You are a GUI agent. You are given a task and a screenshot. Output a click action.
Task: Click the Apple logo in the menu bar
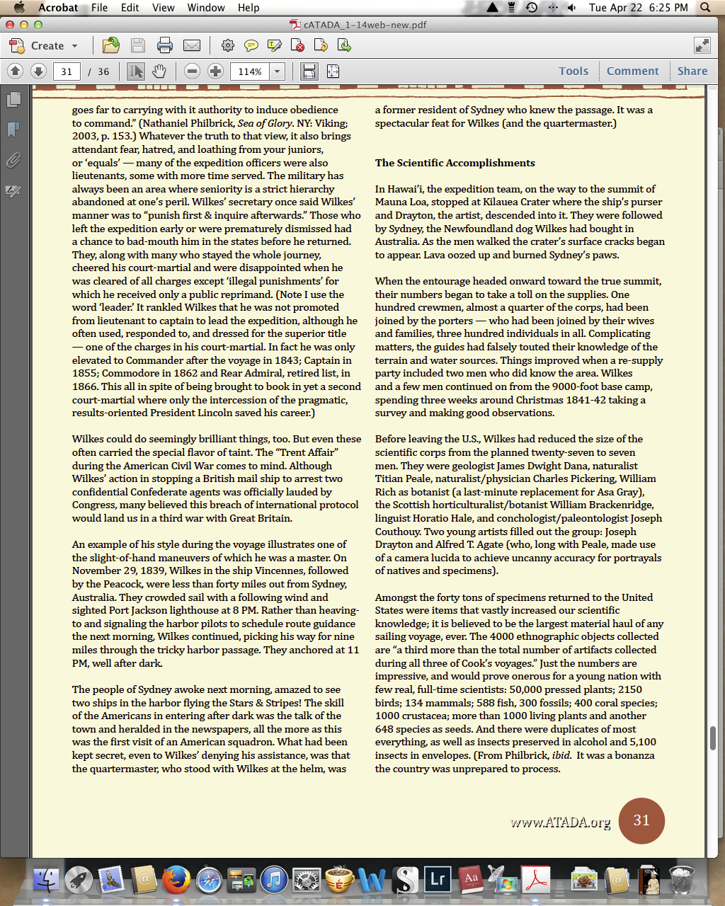tap(19, 8)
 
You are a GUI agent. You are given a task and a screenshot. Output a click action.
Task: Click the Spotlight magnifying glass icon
tap(705, 8)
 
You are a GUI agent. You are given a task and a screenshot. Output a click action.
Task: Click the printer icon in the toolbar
tap(165, 46)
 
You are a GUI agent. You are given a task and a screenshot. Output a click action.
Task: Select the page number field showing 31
tap(67, 71)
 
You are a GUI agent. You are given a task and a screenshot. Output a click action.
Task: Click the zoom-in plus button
tap(216, 71)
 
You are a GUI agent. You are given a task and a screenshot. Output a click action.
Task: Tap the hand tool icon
tap(159, 71)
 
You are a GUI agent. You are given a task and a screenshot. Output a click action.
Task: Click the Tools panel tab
tap(573, 71)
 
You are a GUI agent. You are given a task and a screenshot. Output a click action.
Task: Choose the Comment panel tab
tap(632, 71)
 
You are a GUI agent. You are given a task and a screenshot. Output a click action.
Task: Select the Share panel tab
tap(692, 71)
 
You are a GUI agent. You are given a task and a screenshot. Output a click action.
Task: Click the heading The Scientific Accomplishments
tap(455, 163)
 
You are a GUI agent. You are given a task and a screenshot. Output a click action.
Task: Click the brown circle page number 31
tap(641, 820)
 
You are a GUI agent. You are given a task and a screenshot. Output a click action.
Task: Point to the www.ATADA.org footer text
tap(560, 822)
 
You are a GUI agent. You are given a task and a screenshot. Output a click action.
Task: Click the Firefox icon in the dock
tap(176, 881)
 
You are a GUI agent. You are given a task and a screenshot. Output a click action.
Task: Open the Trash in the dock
tap(682, 881)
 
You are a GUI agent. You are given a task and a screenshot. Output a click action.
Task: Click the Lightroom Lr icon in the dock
tap(438, 881)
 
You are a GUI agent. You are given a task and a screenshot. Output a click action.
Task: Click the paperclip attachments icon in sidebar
tap(13, 161)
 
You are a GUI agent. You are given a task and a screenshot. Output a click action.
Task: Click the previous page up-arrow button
tap(16, 71)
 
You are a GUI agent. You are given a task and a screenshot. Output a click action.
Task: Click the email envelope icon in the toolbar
tap(192, 46)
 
